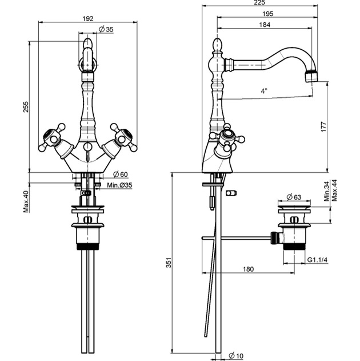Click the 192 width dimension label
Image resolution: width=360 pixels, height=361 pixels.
[x=88, y=18]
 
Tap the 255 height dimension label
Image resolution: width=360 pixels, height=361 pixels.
[x=26, y=106]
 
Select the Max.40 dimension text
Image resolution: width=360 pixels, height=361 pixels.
[x=26, y=201]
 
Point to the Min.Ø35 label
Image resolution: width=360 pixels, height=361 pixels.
[x=119, y=185]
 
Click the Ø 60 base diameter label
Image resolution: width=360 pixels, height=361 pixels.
[x=120, y=174]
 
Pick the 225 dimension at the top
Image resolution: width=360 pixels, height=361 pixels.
[x=260, y=2]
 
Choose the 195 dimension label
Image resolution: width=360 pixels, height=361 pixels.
[x=268, y=14]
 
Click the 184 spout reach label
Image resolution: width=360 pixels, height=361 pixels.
[x=265, y=25]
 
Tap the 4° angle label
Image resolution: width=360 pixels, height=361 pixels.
[x=264, y=91]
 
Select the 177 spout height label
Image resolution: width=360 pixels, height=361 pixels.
[x=323, y=127]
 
